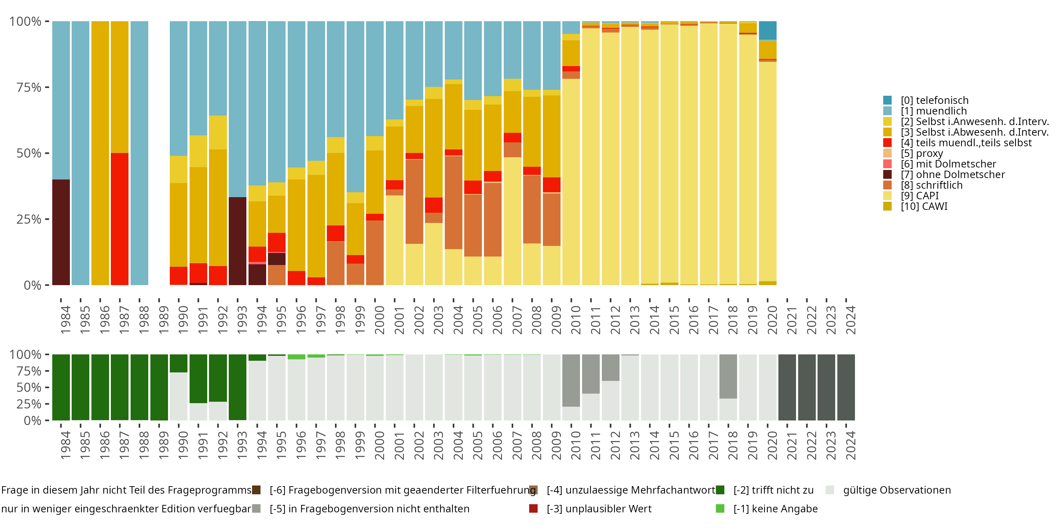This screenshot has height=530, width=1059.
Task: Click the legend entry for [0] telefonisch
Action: (934, 100)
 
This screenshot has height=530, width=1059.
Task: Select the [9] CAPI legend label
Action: (920, 196)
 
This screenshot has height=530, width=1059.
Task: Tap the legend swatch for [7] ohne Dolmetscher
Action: (887, 175)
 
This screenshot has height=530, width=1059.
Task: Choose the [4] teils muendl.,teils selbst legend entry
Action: (966, 143)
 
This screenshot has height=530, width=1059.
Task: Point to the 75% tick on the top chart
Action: (29, 87)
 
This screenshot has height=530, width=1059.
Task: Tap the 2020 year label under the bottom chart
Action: (772, 445)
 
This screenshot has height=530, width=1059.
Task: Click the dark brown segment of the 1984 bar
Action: (61, 232)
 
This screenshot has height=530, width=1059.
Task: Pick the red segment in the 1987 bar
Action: (120, 219)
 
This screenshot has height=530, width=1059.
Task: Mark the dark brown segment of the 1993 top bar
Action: (237, 241)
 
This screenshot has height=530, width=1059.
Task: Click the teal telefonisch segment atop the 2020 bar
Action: (767, 30)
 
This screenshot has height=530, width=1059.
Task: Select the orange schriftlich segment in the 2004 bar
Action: (454, 202)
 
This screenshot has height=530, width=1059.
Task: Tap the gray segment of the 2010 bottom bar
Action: (571, 380)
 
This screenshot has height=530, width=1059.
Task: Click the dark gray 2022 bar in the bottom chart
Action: (807, 387)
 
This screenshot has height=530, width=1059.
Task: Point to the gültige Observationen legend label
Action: (897, 490)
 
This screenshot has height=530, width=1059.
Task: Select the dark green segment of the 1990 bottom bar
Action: (178, 363)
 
